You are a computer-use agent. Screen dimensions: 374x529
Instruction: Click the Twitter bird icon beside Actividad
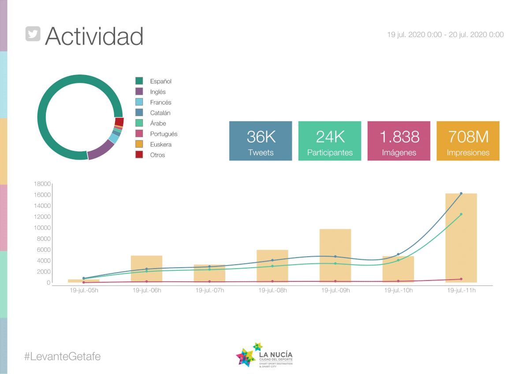(x=33, y=34)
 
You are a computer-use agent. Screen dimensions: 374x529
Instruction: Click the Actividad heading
(x=94, y=36)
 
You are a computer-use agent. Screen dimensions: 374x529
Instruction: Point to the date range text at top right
(x=445, y=34)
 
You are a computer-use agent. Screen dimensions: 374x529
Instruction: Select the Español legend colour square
(x=139, y=81)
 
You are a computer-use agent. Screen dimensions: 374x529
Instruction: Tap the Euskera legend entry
(x=160, y=144)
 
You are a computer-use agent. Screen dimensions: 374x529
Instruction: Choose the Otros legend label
(x=157, y=155)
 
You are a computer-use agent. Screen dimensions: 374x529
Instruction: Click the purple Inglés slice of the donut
(x=101, y=150)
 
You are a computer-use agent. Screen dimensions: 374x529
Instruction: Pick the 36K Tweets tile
(x=261, y=141)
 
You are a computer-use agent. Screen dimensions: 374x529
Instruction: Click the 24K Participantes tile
(x=330, y=141)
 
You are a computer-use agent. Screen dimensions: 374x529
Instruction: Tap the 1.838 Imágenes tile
(x=399, y=141)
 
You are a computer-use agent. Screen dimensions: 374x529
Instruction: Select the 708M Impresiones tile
(x=468, y=141)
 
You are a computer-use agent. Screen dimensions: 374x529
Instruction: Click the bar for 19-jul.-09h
(x=335, y=256)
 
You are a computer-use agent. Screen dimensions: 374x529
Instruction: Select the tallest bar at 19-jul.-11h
(x=461, y=238)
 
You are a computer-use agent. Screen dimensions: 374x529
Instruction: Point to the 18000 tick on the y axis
(x=43, y=184)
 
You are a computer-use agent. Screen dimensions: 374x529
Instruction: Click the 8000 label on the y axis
(x=45, y=239)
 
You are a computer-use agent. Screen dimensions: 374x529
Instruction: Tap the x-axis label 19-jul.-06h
(x=147, y=291)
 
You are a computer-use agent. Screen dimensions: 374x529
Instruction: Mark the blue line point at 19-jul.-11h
(x=461, y=193)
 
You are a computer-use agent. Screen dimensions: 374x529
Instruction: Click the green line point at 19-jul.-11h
(x=461, y=214)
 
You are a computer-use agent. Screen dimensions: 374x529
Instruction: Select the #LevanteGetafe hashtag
(x=62, y=356)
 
